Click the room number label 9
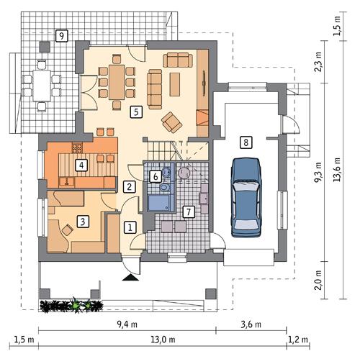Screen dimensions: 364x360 62,35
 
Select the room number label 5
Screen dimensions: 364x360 135,112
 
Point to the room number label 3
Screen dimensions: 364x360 84,222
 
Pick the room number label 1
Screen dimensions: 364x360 130,227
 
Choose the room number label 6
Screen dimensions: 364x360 156,176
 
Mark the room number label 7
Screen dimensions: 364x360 188,211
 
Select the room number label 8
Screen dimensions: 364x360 246,142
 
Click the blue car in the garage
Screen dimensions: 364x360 246,197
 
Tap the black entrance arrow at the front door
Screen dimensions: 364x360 130,276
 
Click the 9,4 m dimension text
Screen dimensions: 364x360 129,324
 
